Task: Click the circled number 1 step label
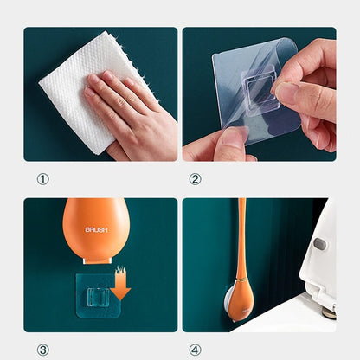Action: [42, 179]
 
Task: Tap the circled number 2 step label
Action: [195, 179]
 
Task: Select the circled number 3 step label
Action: [42, 350]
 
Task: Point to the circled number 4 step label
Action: [195, 350]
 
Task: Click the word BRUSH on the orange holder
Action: [97, 230]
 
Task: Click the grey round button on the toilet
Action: [321, 244]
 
